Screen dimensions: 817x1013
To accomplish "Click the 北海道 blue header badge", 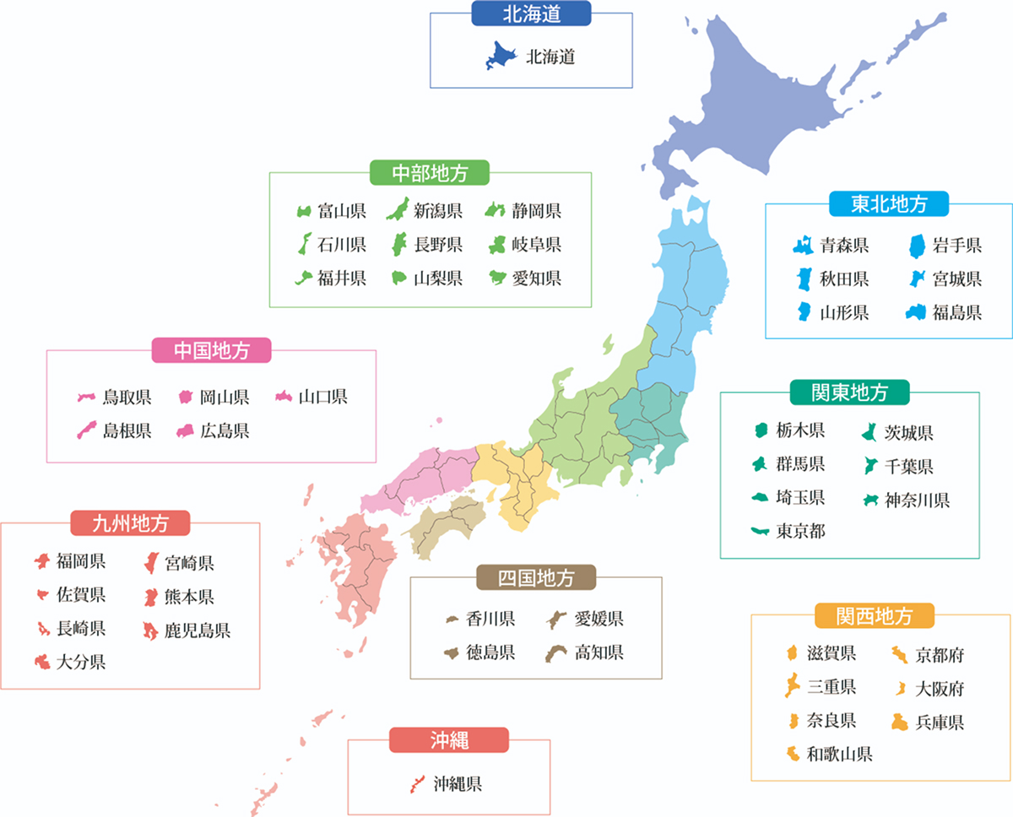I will click(532, 13).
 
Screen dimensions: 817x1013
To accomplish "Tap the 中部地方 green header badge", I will click(430, 172).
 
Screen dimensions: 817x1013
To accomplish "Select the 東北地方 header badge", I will click(889, 203).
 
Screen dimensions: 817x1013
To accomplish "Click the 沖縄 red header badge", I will click(448, 740).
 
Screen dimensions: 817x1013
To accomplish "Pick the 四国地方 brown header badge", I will click(535, 578).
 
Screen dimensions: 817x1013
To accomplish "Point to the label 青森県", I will click(844, 246).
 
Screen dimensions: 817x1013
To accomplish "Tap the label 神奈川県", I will click(917, 500).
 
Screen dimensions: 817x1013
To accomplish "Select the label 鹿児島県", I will click(197, 630).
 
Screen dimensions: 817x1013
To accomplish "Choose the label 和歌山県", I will click(839, 754).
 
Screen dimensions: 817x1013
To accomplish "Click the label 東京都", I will click(801, 531).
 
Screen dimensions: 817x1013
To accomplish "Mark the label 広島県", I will click(225, 431).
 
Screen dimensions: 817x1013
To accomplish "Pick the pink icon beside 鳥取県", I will click(86, 397).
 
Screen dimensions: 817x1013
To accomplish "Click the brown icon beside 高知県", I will click(555, 652).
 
